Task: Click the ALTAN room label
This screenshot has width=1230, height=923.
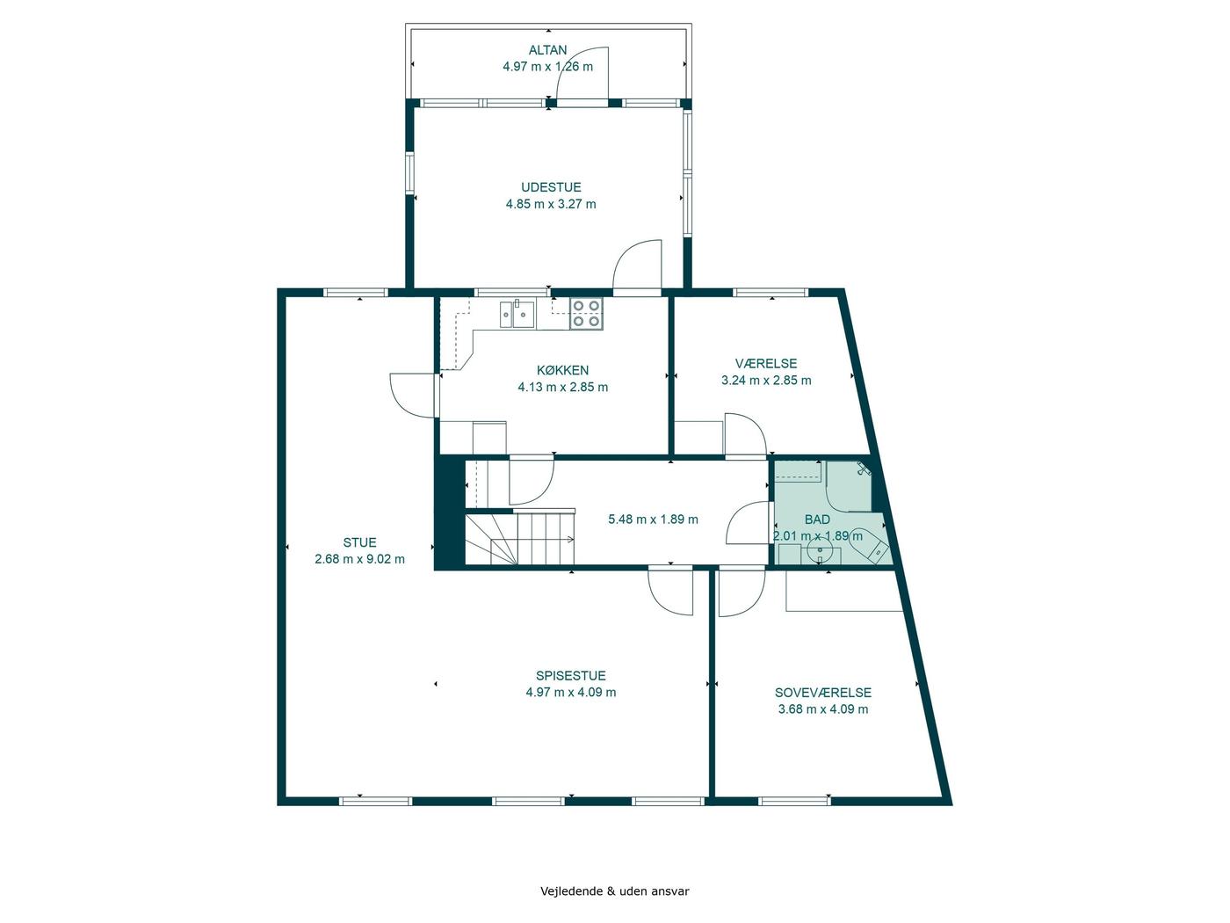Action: pyautogui.click(x=547, y=50)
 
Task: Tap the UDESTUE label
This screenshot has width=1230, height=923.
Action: pyautogui.click(x=551, y=187)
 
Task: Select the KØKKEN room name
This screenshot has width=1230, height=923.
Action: pyautogui.click(x=562, y=370)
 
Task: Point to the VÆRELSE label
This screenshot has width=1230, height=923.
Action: pyautogui.click(x=766, y=363)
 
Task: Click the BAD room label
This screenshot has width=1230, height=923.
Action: pyautogui.click(x=817, y=520)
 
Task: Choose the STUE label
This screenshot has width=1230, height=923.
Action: pyautogui.click(x=359, y=542)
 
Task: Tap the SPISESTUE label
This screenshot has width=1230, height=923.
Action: pyautogui.click(x=570, y=676)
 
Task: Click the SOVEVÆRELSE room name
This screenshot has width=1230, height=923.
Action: pyautogui.click(x=823, y=693)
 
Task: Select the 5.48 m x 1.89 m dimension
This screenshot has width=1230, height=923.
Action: pyautogui.click(x=653, y=520)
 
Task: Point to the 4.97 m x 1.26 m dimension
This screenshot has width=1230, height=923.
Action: pyautogui.click(x=547, y=67)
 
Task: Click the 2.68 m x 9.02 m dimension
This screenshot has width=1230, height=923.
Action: pyautogui.click(x=359, y=559)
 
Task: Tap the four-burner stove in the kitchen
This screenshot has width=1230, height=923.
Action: pyautogui.click(x=587, y=313)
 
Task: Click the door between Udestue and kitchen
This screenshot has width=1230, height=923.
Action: pyautogui.click(x=637, y=267)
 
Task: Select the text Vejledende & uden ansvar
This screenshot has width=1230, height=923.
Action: pyautogui.click(x=615, y=891)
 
